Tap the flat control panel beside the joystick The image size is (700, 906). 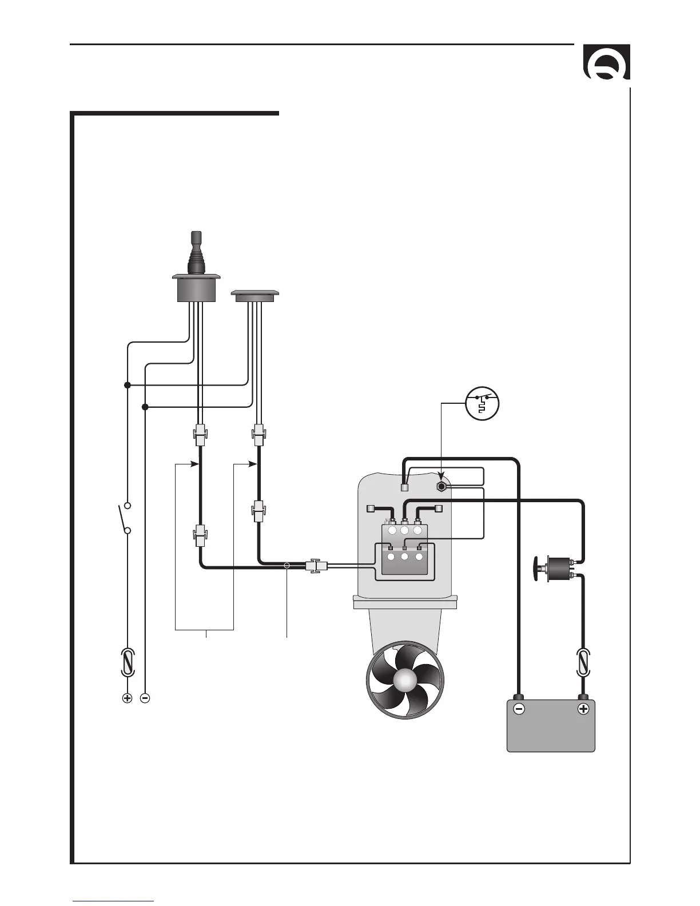[x=254, y=296]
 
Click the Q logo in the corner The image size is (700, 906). [x=606, y=62]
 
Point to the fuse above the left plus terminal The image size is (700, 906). [x=128, y=663]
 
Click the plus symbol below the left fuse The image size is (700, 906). [x=128, y=698]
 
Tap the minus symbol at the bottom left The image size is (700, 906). [x=145, y=698]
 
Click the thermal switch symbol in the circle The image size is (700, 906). [x=482, y=404]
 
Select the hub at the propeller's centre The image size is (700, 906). [x=404, y=681]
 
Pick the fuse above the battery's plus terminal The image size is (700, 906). [x=583, y=663]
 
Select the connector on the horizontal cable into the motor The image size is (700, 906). [x=316, y=566]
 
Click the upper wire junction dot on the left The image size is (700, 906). [x=128, y=386]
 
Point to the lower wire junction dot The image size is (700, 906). [x=145, y=407]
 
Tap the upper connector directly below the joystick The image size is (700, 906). [x=200, y=435]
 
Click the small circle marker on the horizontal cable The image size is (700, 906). [x=287, y=566]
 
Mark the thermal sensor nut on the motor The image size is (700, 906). [x=442, y=487]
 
